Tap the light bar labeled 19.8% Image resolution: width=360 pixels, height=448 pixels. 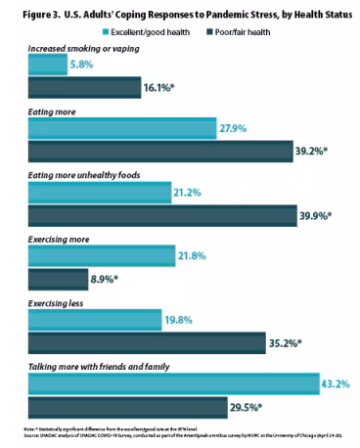point(93,320)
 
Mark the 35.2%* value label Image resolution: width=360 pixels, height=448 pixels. point(286,343)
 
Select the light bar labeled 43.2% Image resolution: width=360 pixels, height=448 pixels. point(172,383)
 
